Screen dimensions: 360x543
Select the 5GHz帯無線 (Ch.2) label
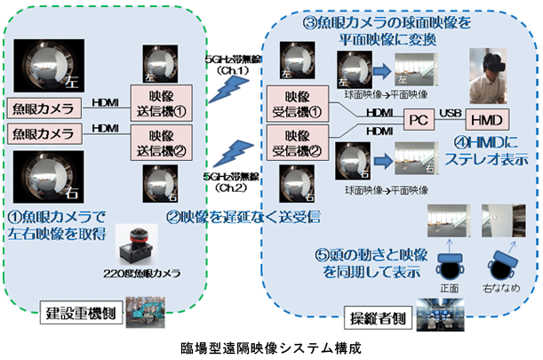pyautogui.click(x=224, y=182)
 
